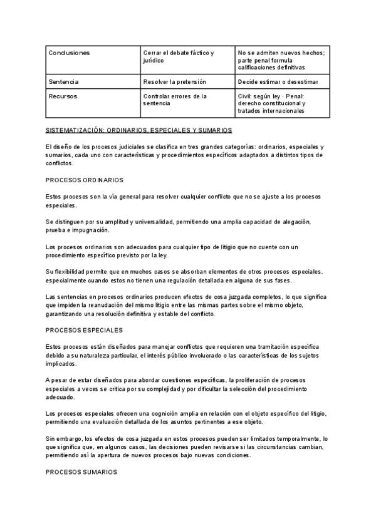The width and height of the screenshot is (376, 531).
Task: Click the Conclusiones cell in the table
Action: point(69,53)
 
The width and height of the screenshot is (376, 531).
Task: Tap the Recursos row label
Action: point(64,97)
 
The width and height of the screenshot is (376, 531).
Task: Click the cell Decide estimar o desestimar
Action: point(278,82)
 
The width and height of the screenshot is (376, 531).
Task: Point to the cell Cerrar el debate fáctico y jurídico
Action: point(179,57)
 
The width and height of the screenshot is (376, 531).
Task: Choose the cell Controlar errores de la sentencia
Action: point(175,100)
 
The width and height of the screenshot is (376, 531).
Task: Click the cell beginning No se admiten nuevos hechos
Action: point(281,60)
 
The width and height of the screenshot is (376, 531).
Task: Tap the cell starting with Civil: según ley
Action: point(276,104)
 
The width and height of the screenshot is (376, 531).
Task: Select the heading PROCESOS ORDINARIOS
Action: point(85,180)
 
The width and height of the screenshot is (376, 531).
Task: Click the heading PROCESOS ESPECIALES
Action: point(84,330)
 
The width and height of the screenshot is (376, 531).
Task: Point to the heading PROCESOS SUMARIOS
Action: point(81,472)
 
